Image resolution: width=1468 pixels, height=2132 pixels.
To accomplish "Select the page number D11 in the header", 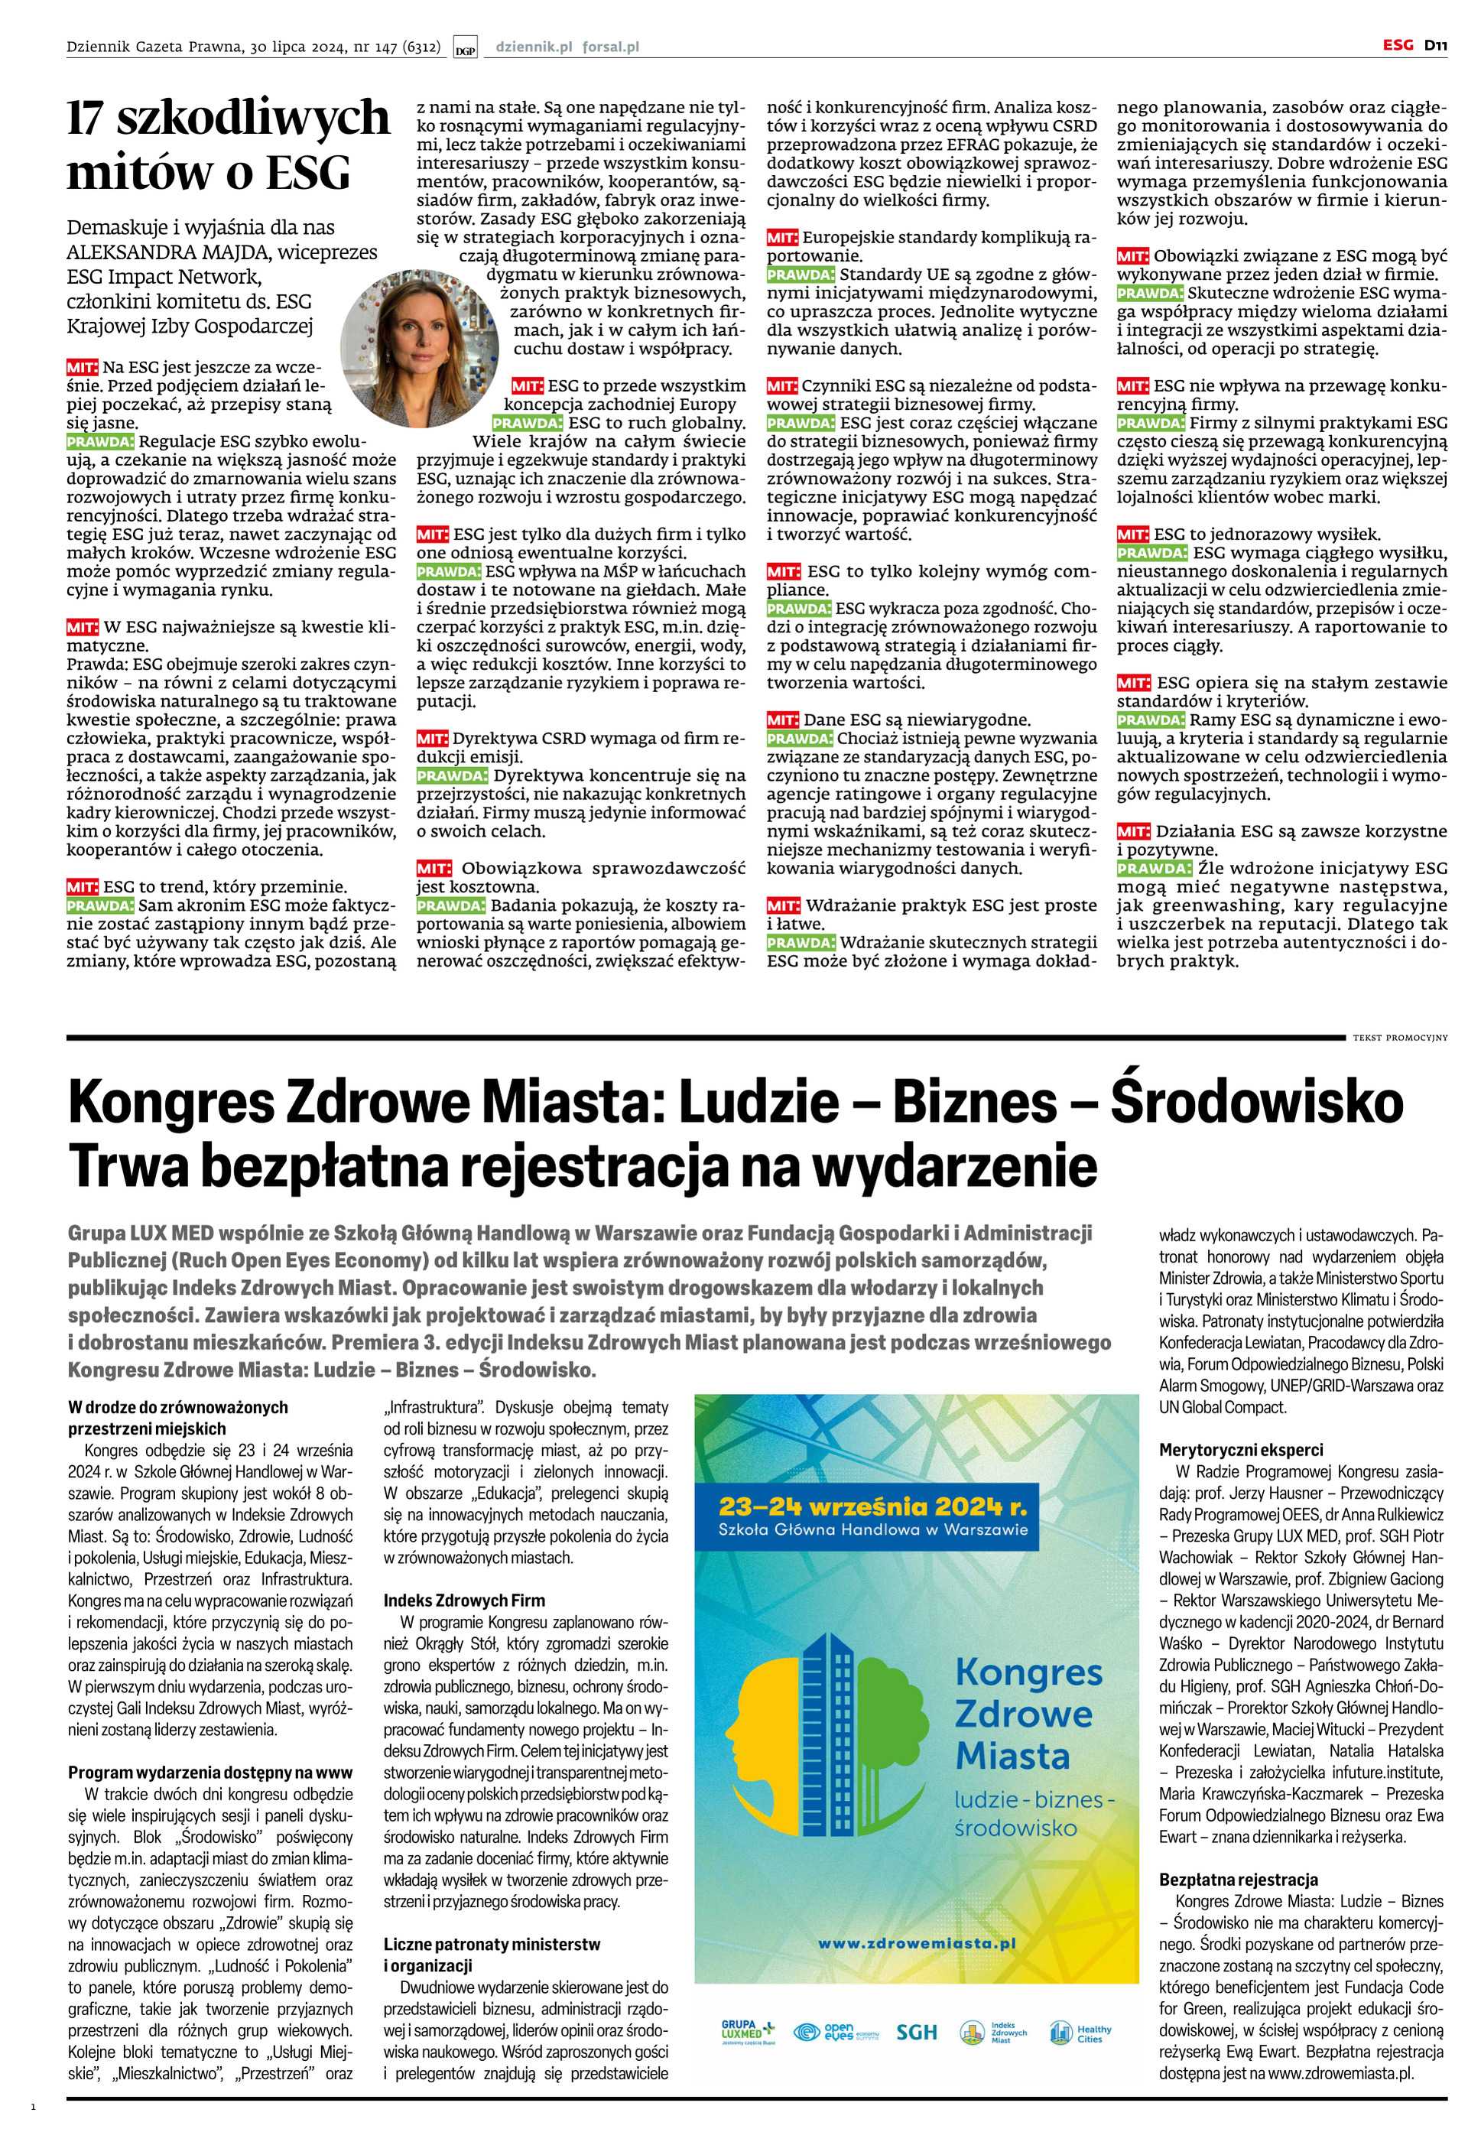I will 1437,45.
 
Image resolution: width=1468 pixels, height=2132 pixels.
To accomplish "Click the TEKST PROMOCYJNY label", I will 1399,1038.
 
